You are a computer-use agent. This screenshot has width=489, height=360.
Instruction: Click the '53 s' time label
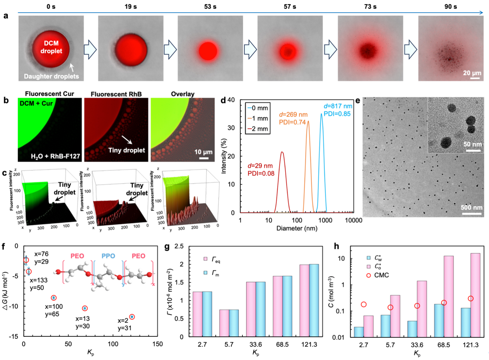(x=210, y=6)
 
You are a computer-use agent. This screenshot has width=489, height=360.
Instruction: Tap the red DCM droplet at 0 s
(x=51, y=48)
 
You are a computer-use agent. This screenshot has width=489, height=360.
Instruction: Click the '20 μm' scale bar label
(x=472, y=73)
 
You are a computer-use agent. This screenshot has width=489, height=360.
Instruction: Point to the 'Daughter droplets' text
(x=51, y=76)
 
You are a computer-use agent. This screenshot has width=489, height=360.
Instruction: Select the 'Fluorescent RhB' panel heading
(x=116, y=94)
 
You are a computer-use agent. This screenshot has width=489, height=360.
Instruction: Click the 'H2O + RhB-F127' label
(x=55, y=156)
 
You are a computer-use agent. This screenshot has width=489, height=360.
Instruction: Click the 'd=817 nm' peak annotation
(x=338, y=106)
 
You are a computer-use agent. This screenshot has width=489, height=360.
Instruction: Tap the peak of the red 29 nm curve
(x=282, y=152)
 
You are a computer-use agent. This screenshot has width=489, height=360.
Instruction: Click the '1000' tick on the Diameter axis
(x=325, y=220)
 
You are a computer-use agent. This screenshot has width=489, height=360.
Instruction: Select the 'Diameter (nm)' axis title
(x=297, y=228)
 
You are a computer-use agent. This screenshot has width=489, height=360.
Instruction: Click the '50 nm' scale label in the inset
(x=473, y=144)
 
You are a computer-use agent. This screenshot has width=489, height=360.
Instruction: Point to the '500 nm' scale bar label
(x=471, y=207)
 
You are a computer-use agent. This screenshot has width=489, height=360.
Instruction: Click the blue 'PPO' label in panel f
(x=108, y=256)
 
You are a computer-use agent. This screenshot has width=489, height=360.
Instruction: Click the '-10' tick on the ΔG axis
(x=13, y=306)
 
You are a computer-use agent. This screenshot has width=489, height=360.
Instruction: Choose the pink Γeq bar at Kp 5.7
(x=224, y=323)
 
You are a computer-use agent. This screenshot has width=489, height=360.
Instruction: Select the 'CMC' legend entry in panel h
(x=381, y=275)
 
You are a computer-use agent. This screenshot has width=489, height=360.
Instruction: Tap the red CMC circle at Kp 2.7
(x=364, y=304)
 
